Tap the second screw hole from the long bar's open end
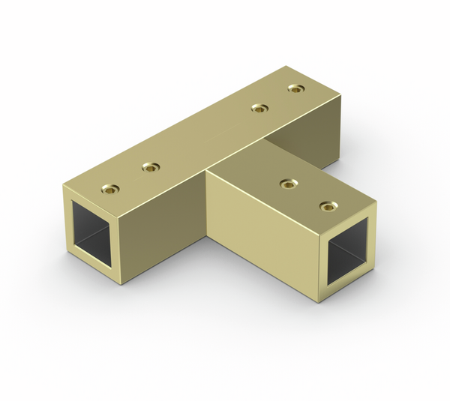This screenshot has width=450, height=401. tap(151, 166)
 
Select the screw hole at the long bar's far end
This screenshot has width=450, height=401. tap(296, 88)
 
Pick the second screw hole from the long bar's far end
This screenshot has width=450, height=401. tap(259, 109)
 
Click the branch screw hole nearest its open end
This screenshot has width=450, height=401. tap(326, 205)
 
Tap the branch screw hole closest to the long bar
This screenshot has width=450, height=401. tap(286, 183)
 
